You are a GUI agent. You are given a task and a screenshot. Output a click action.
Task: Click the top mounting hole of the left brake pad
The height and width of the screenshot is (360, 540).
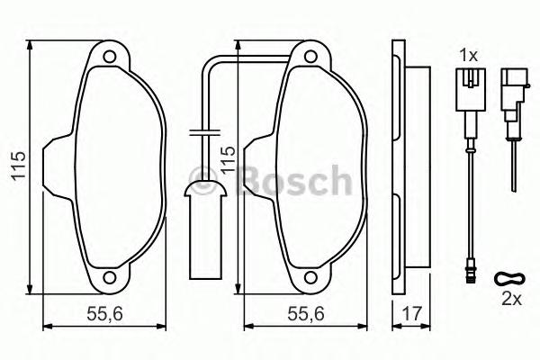click(111, 59)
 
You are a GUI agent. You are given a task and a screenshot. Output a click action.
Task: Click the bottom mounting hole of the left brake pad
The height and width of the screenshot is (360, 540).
click(111, 277)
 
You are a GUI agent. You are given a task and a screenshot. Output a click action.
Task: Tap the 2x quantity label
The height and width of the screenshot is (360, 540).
click(509, 298)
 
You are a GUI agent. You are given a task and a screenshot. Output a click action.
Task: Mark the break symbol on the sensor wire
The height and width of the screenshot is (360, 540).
click(206, 132)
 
